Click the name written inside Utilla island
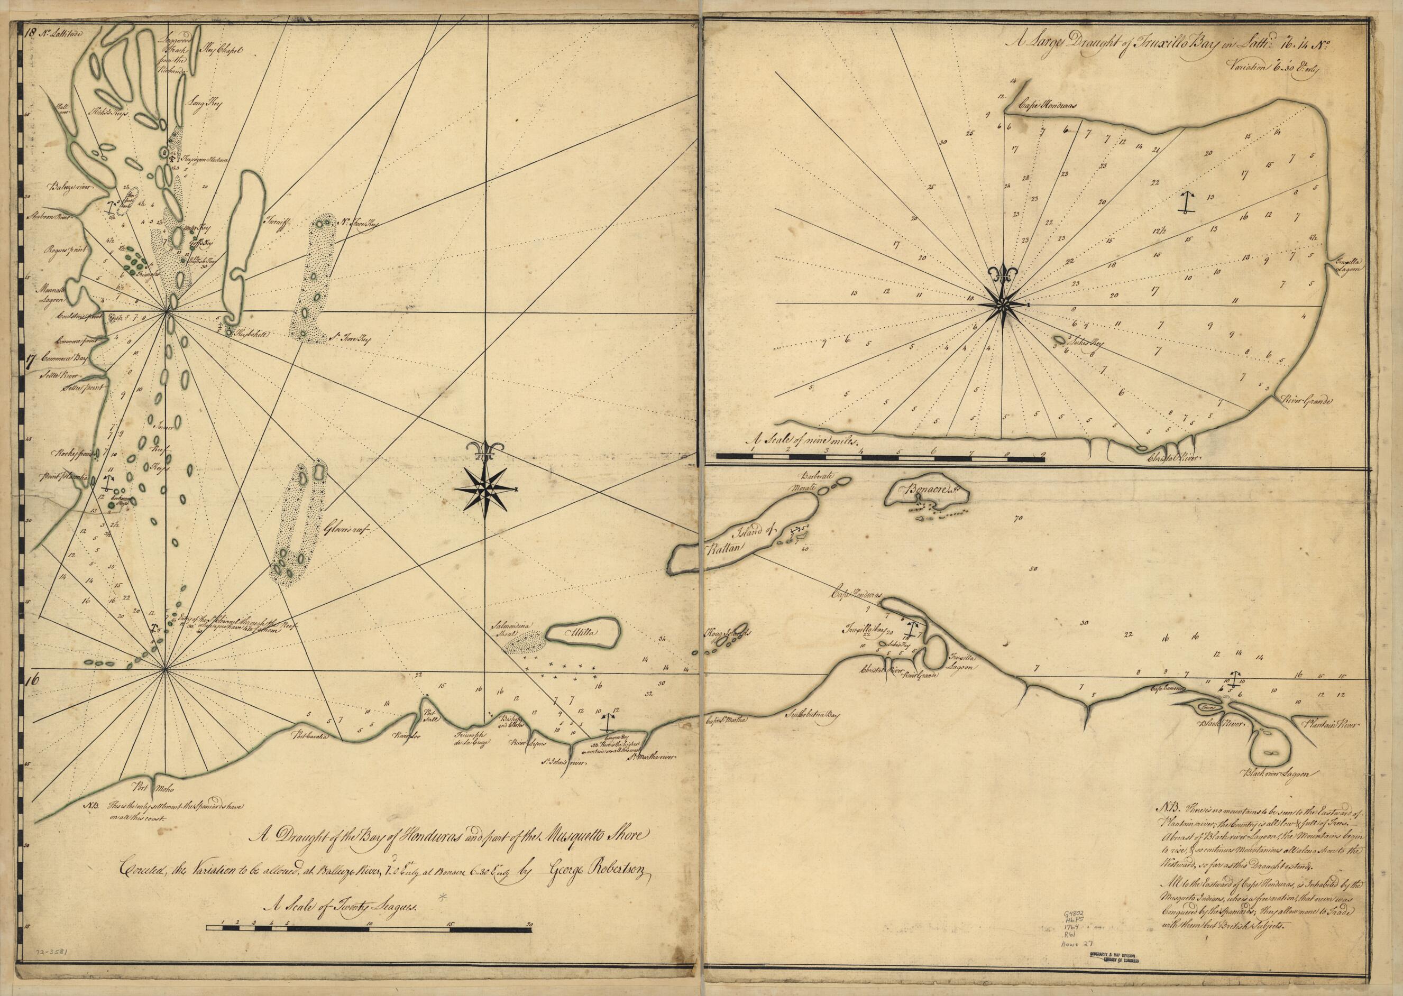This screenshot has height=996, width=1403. [x=581, y=633]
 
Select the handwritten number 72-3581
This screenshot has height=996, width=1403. [x=50, y=955]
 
